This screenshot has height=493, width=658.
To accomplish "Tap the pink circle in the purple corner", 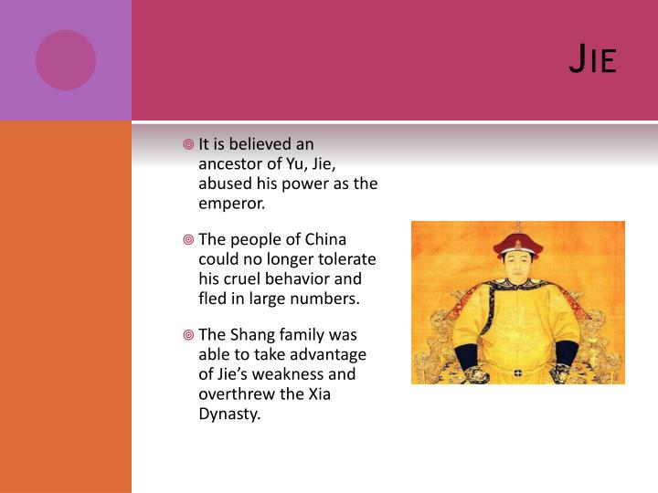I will coord(66,60).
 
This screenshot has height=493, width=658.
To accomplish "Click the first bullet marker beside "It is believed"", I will coord(187,144).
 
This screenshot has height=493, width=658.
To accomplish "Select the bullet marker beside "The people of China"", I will coord(187,239).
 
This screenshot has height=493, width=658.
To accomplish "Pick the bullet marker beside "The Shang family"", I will coord(187,335).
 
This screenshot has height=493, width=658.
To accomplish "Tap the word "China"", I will coord(325,239).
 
